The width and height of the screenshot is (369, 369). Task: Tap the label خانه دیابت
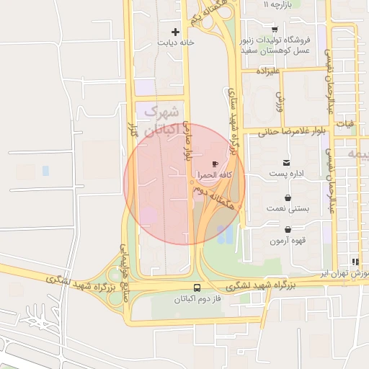[x=177, y=43]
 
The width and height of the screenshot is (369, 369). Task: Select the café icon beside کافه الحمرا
[x=215, y=164]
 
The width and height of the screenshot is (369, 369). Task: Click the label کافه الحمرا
[x=215, y=175]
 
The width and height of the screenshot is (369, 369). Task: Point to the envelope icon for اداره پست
[x=287, y=163]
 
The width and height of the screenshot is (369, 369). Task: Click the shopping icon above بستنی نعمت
[x=288, y=197]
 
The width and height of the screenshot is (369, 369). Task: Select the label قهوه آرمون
[x=288, y=241]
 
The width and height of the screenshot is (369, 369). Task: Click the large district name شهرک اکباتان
[x=160, y=121]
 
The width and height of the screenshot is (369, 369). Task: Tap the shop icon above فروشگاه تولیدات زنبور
[x=275, y=30]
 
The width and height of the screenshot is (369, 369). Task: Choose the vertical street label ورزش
[x=280, y=101]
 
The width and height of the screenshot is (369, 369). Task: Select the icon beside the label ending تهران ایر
[x=355, y=262]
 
